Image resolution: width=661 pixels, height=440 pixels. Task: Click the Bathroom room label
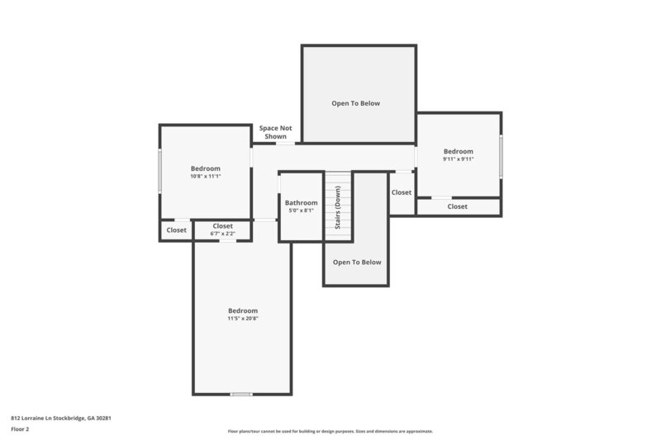point(301,202)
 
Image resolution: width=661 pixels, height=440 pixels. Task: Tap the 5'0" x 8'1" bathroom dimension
point(301,211)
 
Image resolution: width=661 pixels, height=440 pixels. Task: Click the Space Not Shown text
point(275,132)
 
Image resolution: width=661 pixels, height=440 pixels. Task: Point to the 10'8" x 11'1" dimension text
point(206,176)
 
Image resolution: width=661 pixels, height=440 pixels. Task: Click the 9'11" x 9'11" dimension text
point(458,159)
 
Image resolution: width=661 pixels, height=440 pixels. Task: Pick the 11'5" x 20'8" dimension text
point(243,319)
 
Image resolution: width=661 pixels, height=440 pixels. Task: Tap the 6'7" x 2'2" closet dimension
point(222,234)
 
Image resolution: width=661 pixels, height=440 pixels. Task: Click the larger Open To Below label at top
point(357,103)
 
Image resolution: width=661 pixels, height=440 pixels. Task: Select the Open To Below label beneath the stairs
point(357,262)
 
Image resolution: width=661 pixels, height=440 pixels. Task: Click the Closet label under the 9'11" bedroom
point(457,206)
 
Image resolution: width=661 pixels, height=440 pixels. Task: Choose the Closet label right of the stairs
point(402,192)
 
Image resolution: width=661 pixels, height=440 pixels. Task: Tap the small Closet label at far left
point(176,230)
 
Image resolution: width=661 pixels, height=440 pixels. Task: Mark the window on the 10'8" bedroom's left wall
point(159,170)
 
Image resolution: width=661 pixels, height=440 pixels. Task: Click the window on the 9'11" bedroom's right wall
point(501,156)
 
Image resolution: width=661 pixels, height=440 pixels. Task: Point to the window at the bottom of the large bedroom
point(241,394)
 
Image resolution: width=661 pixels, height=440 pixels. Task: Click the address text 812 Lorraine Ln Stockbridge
point(60,419)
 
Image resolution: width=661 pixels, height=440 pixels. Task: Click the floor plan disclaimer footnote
point(330,431)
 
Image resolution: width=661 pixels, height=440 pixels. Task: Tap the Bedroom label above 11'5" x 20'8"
point(243,310)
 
